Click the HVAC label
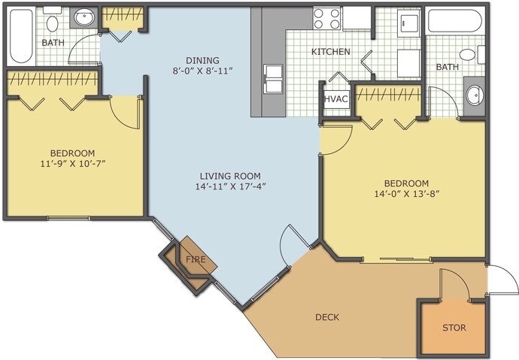coord(336,99)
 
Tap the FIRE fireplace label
coord(196,259)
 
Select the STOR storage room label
coord(454,328)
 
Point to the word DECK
coord(327,317)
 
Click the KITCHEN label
coord(331,52)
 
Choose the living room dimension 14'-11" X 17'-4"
coord(230,186)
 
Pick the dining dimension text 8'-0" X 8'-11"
coord(202,71)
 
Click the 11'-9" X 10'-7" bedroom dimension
coord(73,164)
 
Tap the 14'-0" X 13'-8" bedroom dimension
coord(406,194)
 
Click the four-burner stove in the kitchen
coord(327,19)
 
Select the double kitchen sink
coord(273,79)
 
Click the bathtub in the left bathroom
coord(21,36)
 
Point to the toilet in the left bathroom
coord(53,20)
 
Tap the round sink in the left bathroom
coord(84,17)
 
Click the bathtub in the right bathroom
coord(454,20)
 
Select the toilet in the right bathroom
coord(472,55)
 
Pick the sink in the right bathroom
coord(475,95)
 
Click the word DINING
coord(202,60)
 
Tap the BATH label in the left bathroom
coord(53,43)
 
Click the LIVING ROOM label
coord(230,176)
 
